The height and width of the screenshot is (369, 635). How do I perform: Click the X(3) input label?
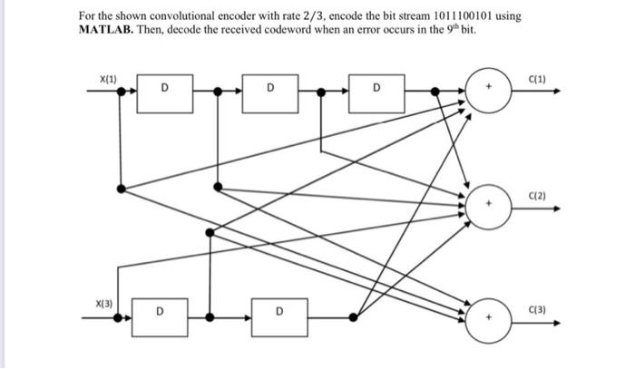tap(105, 303)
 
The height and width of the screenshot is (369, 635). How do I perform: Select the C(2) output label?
tap(536, 196)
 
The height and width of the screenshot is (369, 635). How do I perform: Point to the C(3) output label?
tap(536, 310)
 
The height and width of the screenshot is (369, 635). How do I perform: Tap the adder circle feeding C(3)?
tap(489, 318)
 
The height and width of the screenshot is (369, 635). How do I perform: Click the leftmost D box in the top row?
tap(164, 92)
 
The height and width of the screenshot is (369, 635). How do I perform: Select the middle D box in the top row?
tap(270, 92)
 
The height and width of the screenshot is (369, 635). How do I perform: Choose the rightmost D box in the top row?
tap(376, 92)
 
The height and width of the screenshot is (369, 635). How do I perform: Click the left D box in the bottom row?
tap(160, 317)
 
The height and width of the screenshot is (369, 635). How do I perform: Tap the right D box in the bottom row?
tap(279, 317)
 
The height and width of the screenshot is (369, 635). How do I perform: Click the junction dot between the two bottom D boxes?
tap(210, 317)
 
